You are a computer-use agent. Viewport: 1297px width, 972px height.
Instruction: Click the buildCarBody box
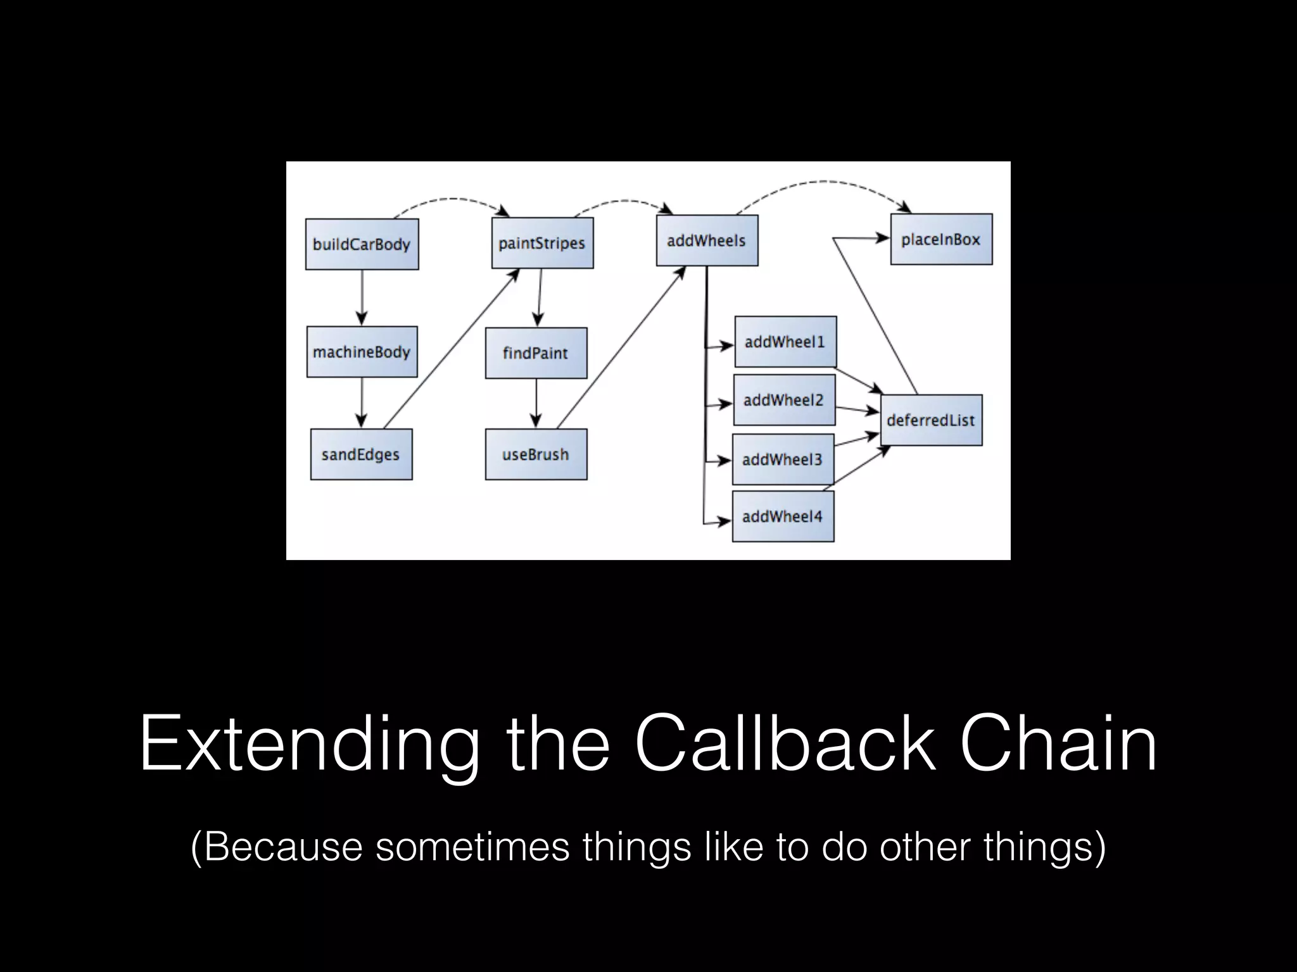point(362,244)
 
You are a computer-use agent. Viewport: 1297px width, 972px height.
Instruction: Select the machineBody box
point(362,352)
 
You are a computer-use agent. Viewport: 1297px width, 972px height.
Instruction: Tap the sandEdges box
point(361,454)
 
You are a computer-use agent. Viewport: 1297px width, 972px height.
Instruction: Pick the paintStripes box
point(542,243)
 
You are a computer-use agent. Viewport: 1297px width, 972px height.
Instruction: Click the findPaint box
point(536,353)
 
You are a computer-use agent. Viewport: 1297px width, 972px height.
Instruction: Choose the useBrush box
point(536,454)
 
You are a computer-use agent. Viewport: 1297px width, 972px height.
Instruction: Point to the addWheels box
point(707,240)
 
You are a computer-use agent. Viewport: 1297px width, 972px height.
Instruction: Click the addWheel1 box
point(785,342)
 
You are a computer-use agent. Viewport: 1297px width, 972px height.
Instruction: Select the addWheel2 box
point(784,400)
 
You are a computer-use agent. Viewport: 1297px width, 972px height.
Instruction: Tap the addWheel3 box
point(783,459)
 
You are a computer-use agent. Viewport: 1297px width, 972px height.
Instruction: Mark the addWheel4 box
point(783,516)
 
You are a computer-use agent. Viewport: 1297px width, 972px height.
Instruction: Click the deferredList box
point(931,420)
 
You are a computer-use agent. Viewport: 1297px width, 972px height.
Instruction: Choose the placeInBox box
point(941,239)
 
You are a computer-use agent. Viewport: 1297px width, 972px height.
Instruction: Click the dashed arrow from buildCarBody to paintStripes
point(451,199)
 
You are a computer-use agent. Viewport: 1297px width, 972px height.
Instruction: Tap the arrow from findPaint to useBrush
point(536,402)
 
